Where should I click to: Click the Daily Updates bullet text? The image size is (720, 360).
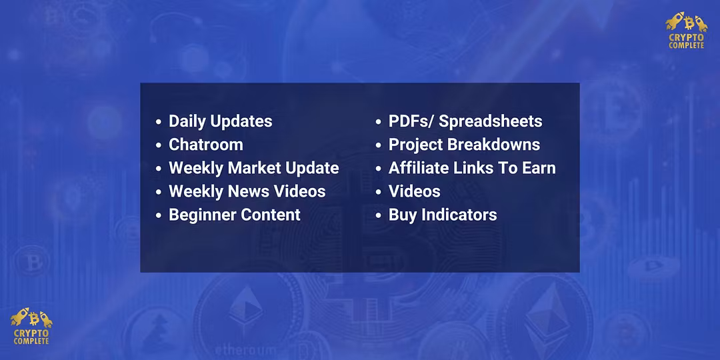click(221, 122)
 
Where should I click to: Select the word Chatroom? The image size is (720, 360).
click(206, 145)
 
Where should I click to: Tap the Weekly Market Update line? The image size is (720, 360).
click(254, 168)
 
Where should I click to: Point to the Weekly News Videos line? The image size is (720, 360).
click(247, 191)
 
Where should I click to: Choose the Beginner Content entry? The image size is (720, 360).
click(235, 215)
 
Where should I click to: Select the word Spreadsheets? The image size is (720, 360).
click(491, 122)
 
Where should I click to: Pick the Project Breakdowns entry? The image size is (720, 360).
click(464, 145)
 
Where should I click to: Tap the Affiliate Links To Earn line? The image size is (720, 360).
click(472, 168)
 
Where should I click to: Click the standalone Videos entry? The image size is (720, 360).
click(415, 191)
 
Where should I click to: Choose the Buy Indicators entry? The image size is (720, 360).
click(443, 215)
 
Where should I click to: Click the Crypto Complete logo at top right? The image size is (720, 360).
click(687, 30)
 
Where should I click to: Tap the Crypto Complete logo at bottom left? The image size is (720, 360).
click(31, 326)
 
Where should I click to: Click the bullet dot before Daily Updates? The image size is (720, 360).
click(159, 122)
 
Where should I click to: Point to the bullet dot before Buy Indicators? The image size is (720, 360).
click(379, 215)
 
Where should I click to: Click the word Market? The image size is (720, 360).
click(255, 168)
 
